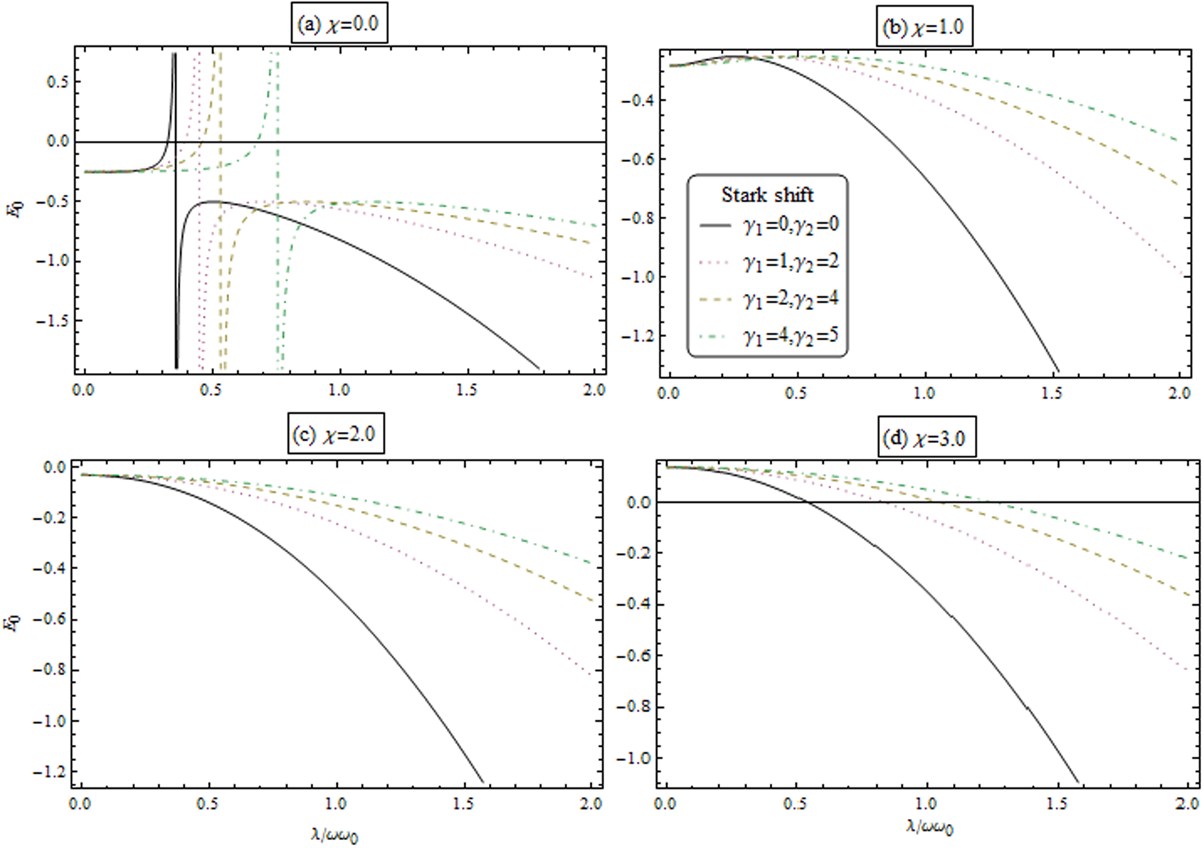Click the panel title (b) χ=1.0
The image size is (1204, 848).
[924, 28]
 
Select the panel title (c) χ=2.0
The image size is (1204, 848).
[335, 434]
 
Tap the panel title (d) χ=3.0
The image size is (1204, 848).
[925, 438]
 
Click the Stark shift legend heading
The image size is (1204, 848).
[767, 195]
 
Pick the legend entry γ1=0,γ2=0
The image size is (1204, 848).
[791, 225]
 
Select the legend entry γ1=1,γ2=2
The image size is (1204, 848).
[791, 261]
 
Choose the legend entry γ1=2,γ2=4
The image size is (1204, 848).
[791, 298]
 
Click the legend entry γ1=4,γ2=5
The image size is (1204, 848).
[791, 336]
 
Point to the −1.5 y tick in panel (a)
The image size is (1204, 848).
[53, 321]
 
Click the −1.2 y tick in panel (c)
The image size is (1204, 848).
[50, 771]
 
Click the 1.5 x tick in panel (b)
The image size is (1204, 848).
[1051, 393]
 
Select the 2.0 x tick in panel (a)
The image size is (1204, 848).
[595, 390]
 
